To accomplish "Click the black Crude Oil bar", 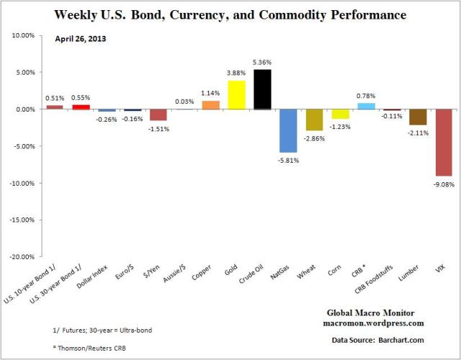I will point(262,89).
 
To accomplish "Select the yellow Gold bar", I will point(236,95).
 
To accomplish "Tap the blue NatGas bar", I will point(288,130).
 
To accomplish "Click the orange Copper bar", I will point(210,105).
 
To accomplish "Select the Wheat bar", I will point(314,120).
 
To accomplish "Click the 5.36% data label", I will point(262,63).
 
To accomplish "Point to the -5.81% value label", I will point(288,160).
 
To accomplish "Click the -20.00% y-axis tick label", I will point(27,256).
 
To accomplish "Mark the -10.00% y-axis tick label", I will point(27,183).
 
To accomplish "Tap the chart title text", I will point(230,14).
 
